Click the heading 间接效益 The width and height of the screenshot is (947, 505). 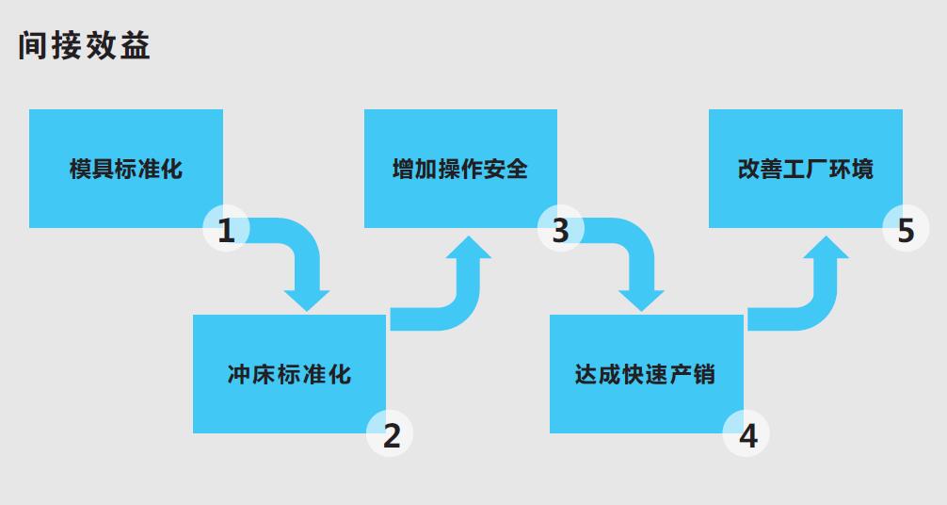click(84, 45)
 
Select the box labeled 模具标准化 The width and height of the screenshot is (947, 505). click(126, 169)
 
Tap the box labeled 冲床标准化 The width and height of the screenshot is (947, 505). click(289, 374)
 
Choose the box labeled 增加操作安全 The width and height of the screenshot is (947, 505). click(460, 169)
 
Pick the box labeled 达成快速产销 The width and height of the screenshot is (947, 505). click(646, 374)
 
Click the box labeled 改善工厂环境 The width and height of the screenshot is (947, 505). click(806, 169)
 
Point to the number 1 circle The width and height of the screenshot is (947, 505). click(226, 229)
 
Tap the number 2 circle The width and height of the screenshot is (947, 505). click(390, 433)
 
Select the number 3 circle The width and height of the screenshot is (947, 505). click(561, 229)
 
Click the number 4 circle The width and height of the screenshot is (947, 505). click(746, 433)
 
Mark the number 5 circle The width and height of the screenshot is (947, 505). click(906, 229)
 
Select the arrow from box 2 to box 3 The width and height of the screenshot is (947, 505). click(465, 302)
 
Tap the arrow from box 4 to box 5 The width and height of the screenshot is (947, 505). click(823, 302)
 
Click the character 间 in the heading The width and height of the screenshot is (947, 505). click(33, 45)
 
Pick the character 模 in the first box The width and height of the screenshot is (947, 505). click(80, 169)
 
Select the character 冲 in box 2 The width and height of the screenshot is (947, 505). click(239, 374)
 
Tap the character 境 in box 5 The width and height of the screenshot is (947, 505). click(862, 169)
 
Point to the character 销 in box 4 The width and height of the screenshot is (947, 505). click(703, 374)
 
